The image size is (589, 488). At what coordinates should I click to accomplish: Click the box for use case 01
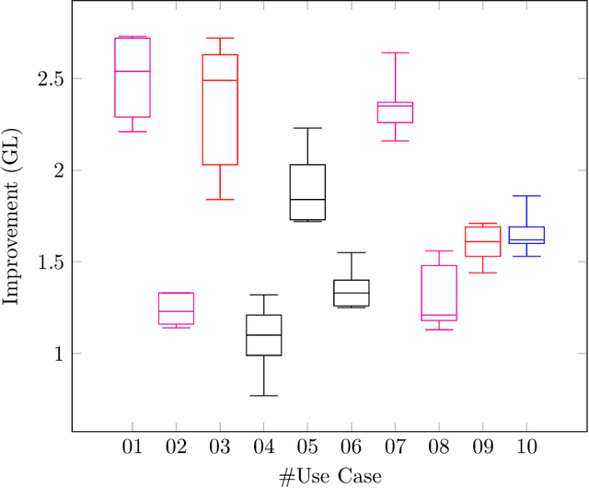click(x=133, y=77)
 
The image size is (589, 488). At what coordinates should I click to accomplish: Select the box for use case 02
click(x=176, y=308)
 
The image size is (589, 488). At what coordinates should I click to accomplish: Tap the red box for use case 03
click(x=220, y=110)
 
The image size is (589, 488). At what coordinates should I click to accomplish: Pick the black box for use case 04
click(x=264, y=335)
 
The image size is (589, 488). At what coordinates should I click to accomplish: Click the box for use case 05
click(x=307, y=192)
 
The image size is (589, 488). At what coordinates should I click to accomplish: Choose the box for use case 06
click(x=352, y=293)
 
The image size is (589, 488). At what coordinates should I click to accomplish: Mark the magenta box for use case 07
click(x=395, y=112)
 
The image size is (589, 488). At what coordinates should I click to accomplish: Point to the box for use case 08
click(x=439, y=293)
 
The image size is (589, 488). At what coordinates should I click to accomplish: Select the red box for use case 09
click(x=482, y=241)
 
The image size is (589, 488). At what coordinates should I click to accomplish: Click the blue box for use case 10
click(x=526, y=235)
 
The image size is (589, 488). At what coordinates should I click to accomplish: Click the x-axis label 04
click(x=264, y=447)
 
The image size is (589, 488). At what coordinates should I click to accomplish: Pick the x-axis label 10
click(x=526, y=447)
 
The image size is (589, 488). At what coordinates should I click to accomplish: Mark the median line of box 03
click(x=220, y=80)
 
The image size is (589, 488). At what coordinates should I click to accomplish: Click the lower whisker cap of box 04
click(x=264, y=396)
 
